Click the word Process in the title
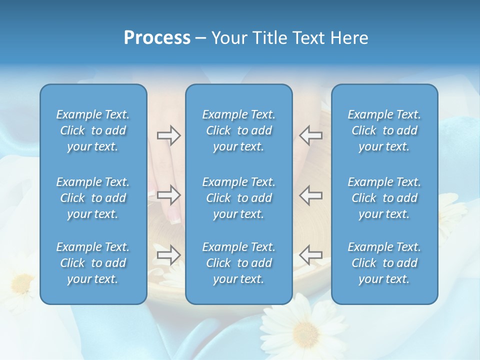point(157,38)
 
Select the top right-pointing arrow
point(168,135)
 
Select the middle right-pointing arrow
point(168,195)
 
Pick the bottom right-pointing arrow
point(168,255)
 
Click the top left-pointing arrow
point(310,135)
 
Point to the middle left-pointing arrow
point(310,195)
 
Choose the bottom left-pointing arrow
point(310,255)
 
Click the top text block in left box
point(93,130)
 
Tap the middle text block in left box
point(93,198)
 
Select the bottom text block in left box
point(93,263)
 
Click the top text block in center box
point(239,130)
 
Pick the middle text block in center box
point(239,198)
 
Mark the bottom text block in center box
point(239,263)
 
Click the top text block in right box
point(384,130)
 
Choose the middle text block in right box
point(384,198)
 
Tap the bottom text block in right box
point(384,263)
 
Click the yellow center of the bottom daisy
point(305,332)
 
